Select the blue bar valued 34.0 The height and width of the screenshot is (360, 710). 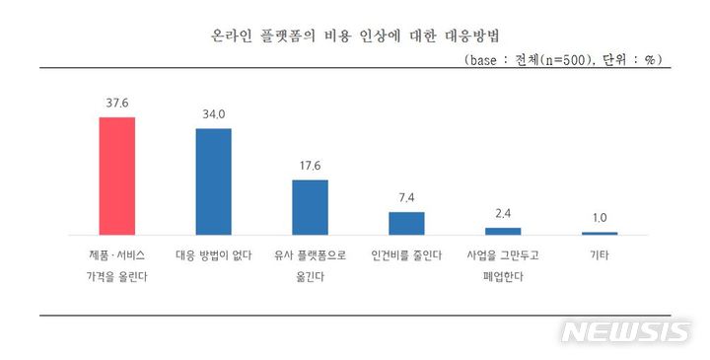[213, 181]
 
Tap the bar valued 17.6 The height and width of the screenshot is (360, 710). [310, 207]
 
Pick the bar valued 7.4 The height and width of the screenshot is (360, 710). [406, 223]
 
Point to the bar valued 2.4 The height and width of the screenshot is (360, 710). [503, 231]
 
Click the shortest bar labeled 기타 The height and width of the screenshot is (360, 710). [600, 233]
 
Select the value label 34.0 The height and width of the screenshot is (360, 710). [213, 114]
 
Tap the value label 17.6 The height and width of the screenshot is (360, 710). [310, 166]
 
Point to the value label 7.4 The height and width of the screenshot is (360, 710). [406, 198]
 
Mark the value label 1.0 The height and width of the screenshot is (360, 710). [600, 218]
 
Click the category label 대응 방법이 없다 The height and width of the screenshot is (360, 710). [213, 255]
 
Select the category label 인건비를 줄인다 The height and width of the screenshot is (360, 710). [406, 255]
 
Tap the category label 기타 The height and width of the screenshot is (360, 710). [600, 255]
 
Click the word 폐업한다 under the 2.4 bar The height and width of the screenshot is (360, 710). [503, 277]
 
